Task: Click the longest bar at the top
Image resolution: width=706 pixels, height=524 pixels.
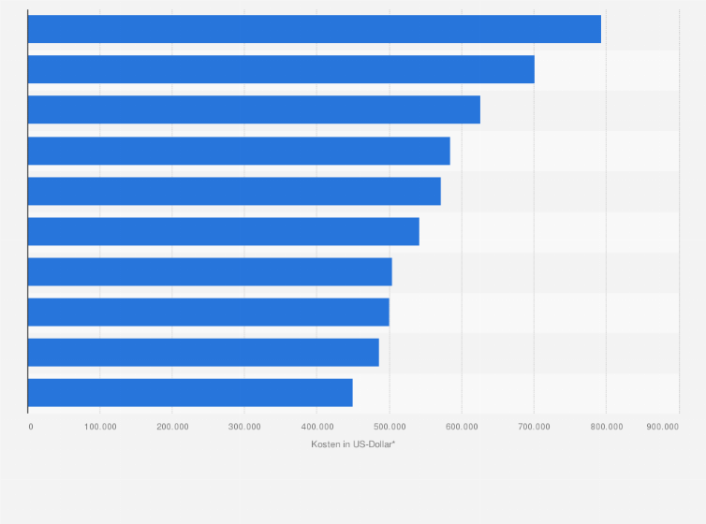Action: (x=315, y=29)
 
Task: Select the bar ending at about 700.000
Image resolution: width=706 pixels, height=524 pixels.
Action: (x=281, y=69)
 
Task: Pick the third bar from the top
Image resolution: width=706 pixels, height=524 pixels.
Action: (x=254, y=109)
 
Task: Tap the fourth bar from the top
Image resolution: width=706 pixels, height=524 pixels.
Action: (x=239, y=151)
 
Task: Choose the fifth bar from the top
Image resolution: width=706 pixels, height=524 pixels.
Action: (x=234, y=191)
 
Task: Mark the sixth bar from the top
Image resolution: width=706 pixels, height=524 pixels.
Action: (x=224, y=231)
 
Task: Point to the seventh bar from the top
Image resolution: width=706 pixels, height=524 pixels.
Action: (x=210, y=271)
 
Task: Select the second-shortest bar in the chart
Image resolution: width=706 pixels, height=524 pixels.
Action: (x=203, y=352)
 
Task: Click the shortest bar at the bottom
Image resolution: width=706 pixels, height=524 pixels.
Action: (x=190, y=392)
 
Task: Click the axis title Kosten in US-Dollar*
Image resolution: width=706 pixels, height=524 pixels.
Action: (x=353, y=444)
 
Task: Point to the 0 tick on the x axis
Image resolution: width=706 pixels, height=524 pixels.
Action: (x=31, y=427)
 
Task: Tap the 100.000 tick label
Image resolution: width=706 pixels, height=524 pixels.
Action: (x=100, y=427)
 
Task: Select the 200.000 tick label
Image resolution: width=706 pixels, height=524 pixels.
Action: (x=172, y=427)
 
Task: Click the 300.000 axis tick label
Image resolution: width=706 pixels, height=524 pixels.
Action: (x=244, y=427)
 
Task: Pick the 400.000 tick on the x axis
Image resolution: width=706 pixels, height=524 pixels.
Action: (x=316, y=427)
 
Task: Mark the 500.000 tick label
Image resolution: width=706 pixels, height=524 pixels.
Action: (x=390, y=427)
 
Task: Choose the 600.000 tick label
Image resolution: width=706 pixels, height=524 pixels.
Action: (x=462, y=427)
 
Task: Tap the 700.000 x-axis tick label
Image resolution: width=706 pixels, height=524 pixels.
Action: (x=534, y=427)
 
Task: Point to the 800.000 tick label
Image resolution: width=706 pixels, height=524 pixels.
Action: (x=606, y=427)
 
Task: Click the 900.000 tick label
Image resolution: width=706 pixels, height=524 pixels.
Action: (x=662, y=427)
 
